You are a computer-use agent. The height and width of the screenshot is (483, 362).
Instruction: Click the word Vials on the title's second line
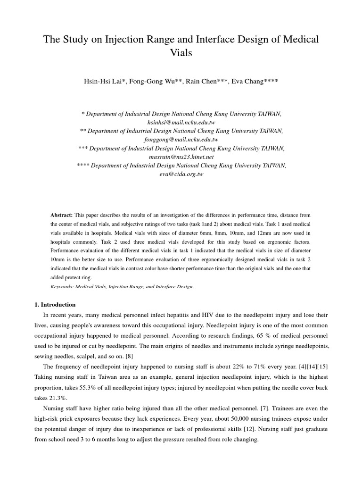(x=181, y=52)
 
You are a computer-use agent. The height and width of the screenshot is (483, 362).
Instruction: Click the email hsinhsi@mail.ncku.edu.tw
(x=181, y=122)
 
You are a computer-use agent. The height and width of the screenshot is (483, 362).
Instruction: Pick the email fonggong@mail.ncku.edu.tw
(x=181, y=139)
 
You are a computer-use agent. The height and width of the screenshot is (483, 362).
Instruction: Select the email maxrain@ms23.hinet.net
(x=181, y=156)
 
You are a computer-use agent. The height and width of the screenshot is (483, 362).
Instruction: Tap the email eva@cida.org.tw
(x=181, y=174)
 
